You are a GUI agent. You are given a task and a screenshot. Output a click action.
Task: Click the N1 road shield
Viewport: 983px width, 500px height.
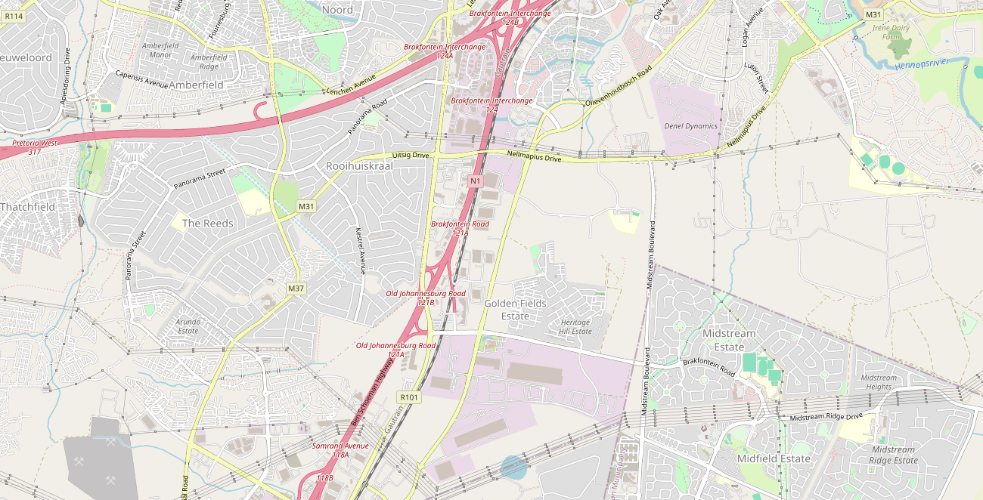[475, 181]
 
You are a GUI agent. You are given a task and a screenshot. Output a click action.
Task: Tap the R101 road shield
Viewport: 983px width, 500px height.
[408, 397]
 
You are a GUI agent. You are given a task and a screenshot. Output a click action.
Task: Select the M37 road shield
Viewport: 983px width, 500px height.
[296, 289]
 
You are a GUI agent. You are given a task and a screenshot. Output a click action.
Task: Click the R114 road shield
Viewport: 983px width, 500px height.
[14, 16]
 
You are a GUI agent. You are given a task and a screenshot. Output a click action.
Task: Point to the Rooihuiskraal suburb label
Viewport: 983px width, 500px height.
[359, 165]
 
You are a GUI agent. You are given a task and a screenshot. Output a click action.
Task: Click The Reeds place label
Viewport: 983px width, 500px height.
[208, 224]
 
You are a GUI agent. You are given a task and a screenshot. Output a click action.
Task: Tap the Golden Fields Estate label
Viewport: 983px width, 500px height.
[515, 310]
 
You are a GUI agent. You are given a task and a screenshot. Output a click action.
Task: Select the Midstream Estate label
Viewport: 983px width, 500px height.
[729, 340]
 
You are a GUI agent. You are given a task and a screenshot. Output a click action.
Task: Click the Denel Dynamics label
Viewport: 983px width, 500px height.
[690, 126]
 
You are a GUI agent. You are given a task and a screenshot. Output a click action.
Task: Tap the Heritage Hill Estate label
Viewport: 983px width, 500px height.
[575, 327]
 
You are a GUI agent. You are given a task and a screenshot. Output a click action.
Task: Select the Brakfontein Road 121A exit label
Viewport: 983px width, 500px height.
[460, 228]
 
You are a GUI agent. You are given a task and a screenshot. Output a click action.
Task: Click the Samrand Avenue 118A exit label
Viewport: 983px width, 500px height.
[340, 450]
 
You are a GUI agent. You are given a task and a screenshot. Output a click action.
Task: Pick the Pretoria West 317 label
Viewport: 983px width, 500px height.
[34, 147]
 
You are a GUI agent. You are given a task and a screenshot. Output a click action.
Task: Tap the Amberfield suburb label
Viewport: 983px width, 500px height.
[196, 85]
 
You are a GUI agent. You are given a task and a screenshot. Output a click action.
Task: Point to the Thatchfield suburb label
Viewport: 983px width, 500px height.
[27, 207]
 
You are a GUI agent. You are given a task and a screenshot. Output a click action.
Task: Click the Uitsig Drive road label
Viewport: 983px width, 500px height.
[411, 155]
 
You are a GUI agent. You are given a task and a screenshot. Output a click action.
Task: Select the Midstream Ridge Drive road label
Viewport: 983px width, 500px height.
[826, 417]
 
